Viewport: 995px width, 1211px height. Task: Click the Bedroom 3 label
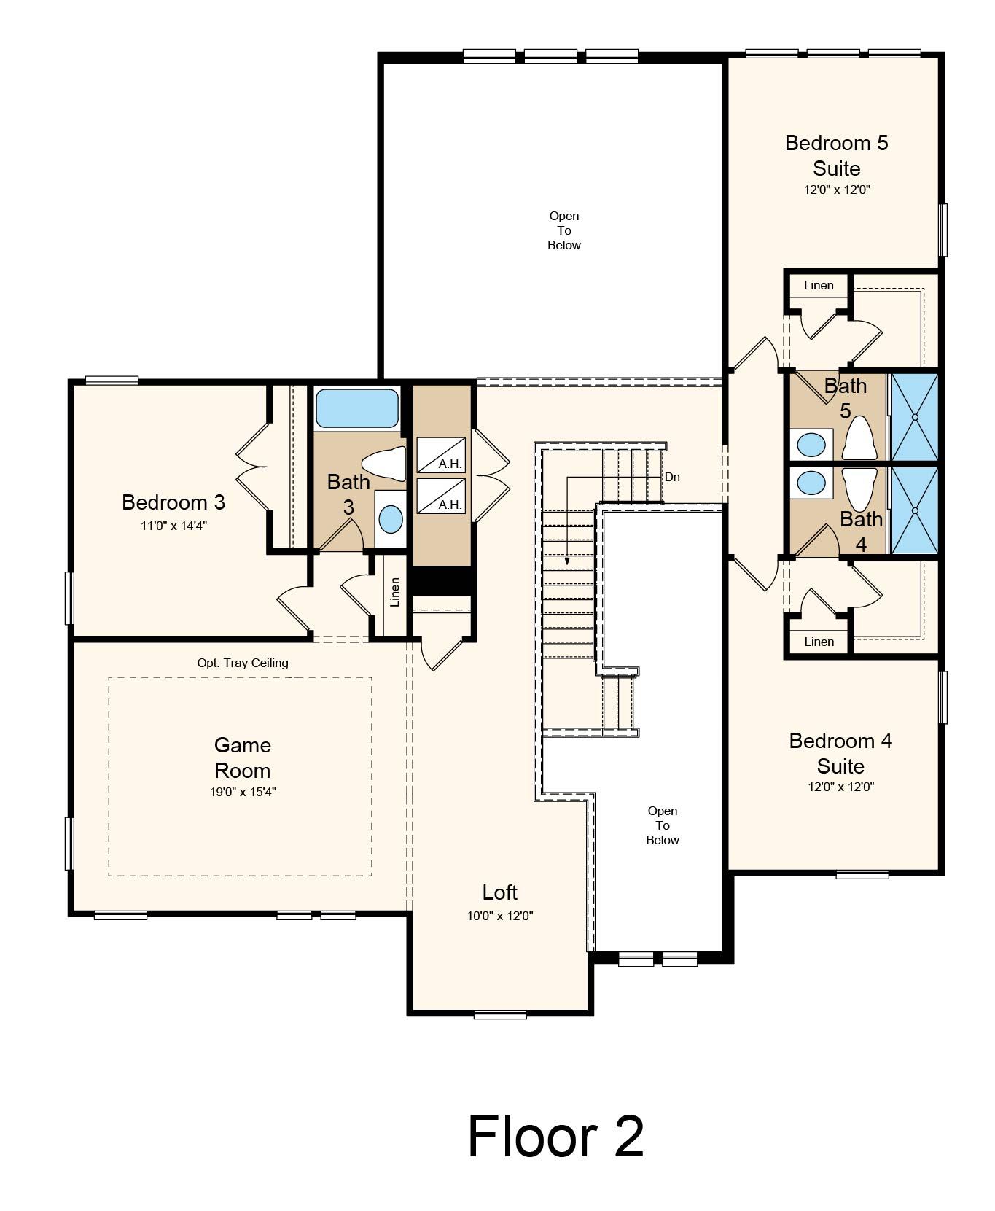pos(173,502)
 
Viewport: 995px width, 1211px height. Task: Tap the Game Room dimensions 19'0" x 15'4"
pos(243,792)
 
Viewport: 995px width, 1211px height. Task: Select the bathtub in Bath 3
pos(356,408)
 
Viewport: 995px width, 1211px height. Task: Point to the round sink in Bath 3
pos(391,519)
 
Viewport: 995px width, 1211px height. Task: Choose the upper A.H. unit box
pos(441,455)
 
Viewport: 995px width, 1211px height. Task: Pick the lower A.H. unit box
pos(441,496)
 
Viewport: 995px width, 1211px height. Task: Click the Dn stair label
pos(672,477)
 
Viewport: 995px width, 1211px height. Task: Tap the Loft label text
pos(500,892)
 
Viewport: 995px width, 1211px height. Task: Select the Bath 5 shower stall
pos(914,417)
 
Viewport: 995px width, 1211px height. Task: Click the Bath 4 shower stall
pos(914,510)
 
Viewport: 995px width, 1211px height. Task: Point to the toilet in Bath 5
pos(859,437)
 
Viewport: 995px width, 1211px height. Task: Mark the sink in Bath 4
pos(811,482)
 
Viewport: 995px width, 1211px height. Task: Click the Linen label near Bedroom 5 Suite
pos(819,285)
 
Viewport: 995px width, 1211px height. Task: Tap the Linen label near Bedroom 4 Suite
pos(819,642)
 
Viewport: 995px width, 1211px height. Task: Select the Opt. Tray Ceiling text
pos(243,663)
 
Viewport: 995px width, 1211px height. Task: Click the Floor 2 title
pos(555,1136)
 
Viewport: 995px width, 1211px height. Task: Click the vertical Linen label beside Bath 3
pos(395,592)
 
